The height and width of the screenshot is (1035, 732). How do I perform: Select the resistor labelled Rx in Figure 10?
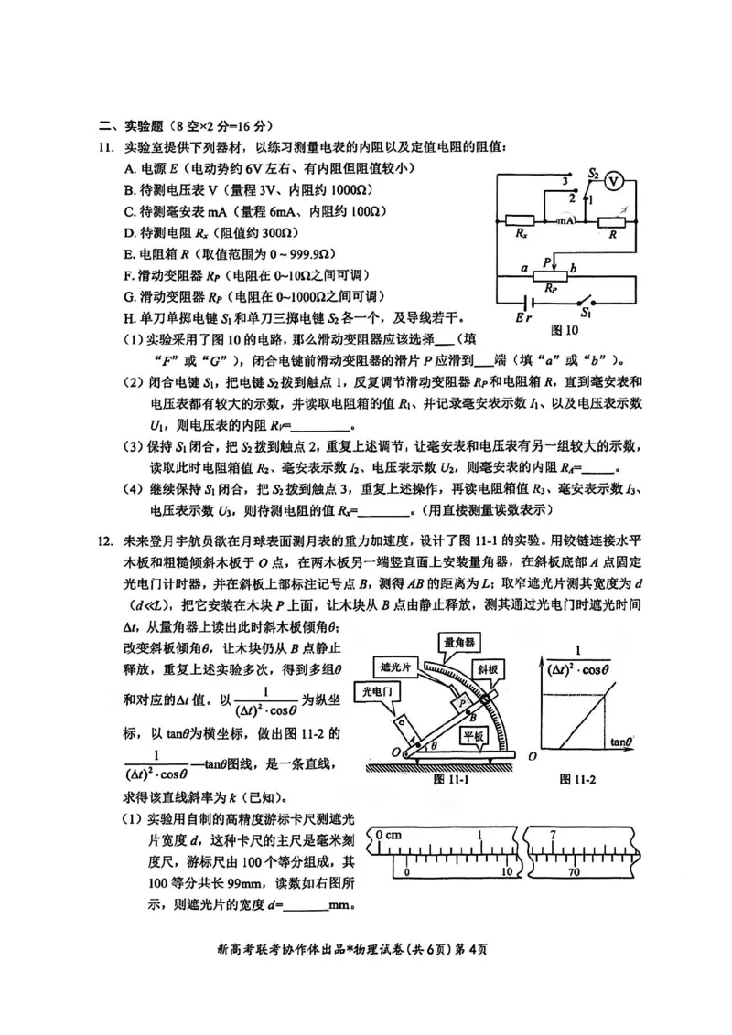pyautogui.click(x=520, y=220)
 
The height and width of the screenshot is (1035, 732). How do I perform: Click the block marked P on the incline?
pyautogui.click(x=464, y=699)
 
